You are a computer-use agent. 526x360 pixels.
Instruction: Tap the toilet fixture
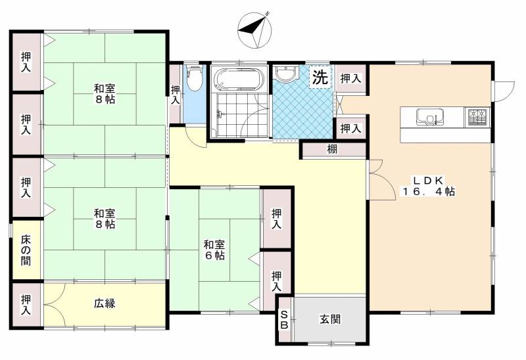point(195,80)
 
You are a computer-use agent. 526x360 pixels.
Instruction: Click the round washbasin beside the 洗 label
point(285,74)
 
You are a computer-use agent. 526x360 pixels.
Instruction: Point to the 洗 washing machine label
point(320,77)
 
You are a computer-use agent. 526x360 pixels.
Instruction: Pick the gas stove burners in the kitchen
point(477,117)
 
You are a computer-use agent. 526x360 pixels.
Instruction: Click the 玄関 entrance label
point(330,320)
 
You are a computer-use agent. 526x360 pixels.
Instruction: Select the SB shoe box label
point(285,320)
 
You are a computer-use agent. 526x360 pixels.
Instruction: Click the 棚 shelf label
point(333,150)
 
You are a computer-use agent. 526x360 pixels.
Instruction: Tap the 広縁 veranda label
point(105,304)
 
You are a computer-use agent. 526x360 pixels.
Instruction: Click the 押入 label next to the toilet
point(175,95)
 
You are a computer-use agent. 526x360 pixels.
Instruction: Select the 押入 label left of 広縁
point(26,304)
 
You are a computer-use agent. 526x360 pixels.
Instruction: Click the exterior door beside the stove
point(503,91)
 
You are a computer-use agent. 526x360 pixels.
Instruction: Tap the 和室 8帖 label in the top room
point(105,95)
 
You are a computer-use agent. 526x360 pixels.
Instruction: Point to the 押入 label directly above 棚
point(350,128)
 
